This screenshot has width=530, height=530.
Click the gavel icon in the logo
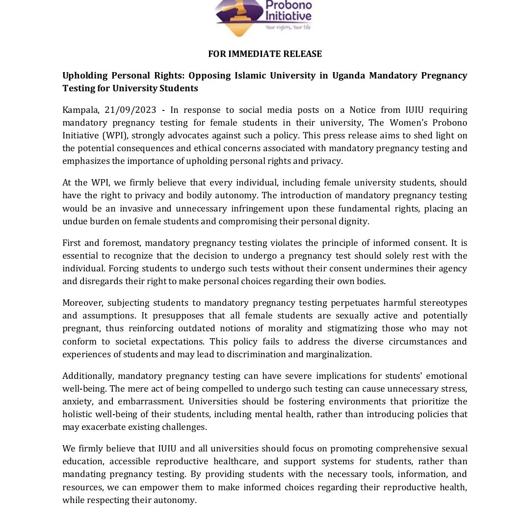click(234, 16)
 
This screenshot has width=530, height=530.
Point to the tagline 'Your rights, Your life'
click(288, 27)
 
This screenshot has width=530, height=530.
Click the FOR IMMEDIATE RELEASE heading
click(265, 54)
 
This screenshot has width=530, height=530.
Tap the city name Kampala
click(80, 110)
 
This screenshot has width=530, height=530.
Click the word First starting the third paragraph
click(72, 243)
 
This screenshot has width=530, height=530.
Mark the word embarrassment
click(136, 401)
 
